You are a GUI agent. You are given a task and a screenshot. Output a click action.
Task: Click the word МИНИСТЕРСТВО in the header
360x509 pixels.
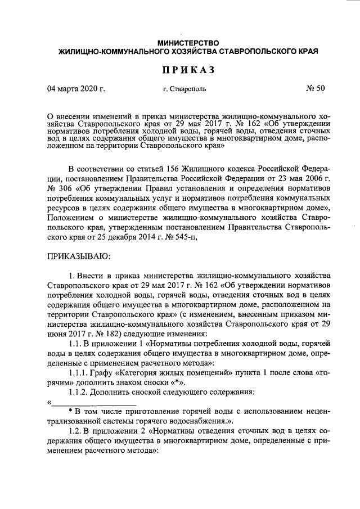[x=188, y=43]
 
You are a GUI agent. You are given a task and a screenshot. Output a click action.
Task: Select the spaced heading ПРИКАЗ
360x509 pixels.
[x=188, y=70]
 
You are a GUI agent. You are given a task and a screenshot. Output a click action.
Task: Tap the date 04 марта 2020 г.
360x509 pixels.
[x=76, y=89]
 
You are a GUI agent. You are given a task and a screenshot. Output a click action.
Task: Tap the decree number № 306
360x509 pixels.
[x=58, y=191]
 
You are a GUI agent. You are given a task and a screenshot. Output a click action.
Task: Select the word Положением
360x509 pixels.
[x=70, y=219]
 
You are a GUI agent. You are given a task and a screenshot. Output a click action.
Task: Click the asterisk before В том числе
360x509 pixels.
[x=70, y=412]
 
